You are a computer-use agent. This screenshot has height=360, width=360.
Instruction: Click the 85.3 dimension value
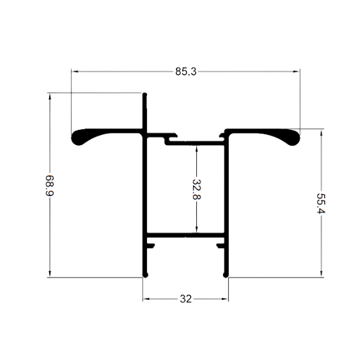tap(186, 72)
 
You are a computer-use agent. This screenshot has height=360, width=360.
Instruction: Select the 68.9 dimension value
tap(49, 185)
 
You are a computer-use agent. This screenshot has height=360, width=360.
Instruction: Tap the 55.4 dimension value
tap(321, 203)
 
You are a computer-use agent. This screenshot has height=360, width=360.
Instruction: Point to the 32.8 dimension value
tap(196, 189)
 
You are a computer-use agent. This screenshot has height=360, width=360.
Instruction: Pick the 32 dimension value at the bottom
tap(185, 299)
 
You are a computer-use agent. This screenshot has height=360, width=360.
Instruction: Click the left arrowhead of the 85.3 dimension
tap(75, 72)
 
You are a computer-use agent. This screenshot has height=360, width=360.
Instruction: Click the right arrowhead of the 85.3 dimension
tap(297, 72)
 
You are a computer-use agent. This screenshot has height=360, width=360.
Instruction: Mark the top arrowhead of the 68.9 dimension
tap(50, 97)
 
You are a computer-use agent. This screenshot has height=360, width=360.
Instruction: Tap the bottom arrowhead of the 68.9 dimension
tap(50, 274)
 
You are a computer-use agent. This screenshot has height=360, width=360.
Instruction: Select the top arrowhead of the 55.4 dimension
tap(321, 133)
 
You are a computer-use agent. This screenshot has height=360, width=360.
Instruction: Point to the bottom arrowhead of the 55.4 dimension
tap(321, 274)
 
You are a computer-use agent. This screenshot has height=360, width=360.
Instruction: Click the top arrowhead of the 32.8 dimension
tap(196, 149)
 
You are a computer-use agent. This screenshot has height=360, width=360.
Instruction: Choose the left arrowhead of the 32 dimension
tap(146, 299)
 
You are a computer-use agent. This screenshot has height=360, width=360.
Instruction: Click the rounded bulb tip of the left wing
tap(77, 138)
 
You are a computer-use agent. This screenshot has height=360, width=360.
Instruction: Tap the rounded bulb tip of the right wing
tap(294, 138)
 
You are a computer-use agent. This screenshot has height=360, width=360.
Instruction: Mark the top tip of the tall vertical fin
tap(145, 93)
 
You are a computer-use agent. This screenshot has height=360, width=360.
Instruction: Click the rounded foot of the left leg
tap(145, 275)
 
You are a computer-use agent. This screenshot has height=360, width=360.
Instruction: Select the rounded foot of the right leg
tap(226, 275)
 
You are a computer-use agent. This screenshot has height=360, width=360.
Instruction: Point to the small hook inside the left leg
tap(151, 246)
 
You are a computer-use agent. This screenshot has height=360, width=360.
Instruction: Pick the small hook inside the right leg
tap(221, 246)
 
